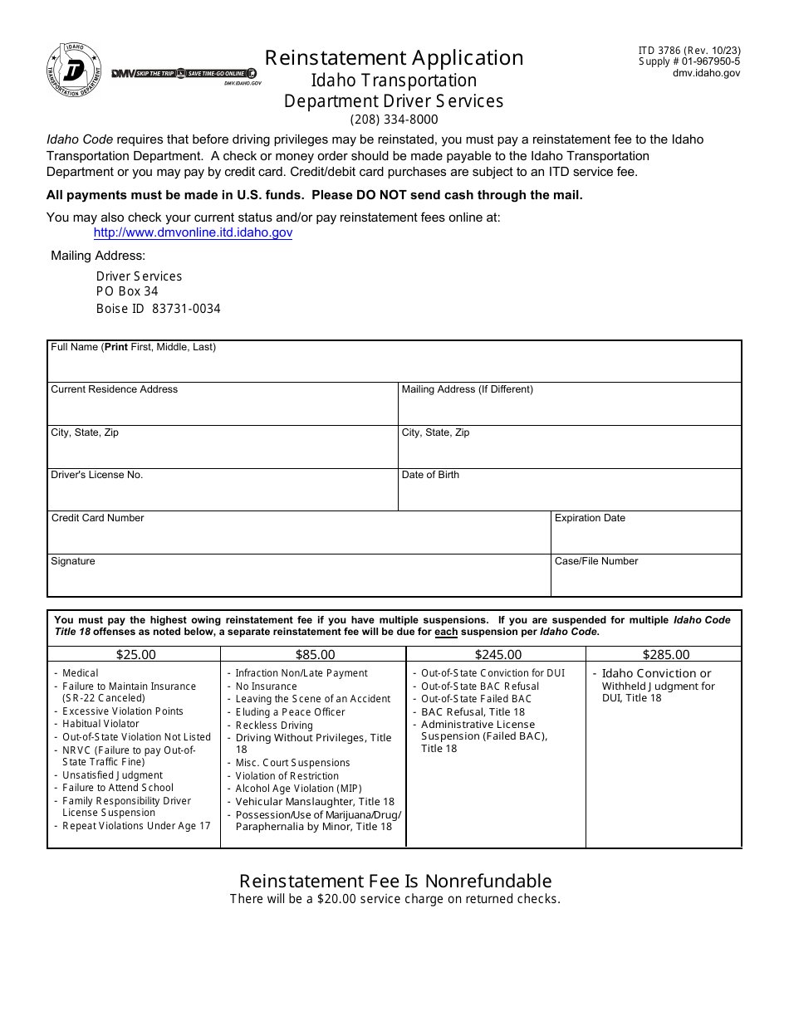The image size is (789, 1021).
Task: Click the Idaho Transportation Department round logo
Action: [75, 71]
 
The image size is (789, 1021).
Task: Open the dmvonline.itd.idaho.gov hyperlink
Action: [193, 233]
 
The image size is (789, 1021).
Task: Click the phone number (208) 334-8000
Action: [394, 120]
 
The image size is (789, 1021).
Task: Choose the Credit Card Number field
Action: [299, 537]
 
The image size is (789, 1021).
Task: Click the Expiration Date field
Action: [646, 537]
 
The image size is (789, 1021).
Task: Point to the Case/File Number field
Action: [646, 580]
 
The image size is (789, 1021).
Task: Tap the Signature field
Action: [299, 580]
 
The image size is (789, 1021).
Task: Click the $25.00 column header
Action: [135, 654]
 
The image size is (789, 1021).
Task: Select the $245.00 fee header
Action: [498, 654]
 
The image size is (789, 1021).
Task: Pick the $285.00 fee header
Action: [666, 654]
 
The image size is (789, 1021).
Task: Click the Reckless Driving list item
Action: [274, 725]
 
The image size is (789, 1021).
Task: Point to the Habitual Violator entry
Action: [100, 724]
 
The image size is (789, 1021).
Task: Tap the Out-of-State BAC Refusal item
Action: [480, 686]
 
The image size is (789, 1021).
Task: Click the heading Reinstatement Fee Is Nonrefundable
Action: [395, 881]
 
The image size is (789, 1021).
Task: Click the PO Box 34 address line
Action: [127, 291]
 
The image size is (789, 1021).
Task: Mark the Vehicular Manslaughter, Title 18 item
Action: [315, 802]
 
